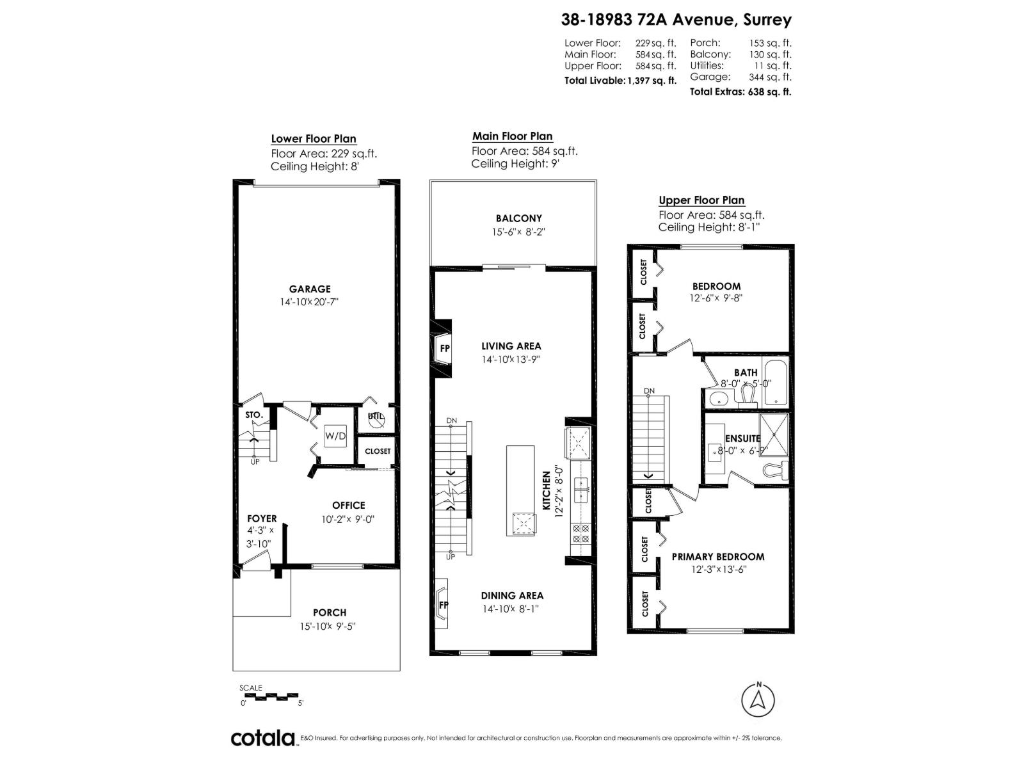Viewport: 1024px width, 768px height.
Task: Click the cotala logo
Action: click(263, 738)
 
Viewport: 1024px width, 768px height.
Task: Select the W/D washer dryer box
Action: click(335, 436)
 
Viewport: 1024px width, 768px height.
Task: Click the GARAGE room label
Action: click(309, 289)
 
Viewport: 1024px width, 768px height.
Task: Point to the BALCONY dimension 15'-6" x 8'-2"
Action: click(518, 232)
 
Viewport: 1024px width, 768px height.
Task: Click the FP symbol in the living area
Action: click(444, 349)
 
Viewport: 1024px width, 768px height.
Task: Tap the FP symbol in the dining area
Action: click(443, 605)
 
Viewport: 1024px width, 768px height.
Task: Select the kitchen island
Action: click(520, 490)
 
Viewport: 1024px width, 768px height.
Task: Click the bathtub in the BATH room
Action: click(776, 382)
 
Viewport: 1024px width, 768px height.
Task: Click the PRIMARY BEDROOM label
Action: click(717, 557)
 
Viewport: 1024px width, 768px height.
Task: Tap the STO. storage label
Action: click(253, 415)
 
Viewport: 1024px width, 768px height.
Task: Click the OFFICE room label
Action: click(348, 506)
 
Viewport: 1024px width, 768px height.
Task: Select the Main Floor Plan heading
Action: click(512, 136)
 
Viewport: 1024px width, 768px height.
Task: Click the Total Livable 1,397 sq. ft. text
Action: click(620, 81)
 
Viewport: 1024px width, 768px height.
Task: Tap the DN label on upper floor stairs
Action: click(649, 390)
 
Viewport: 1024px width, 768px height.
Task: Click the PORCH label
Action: click(329, 612)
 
